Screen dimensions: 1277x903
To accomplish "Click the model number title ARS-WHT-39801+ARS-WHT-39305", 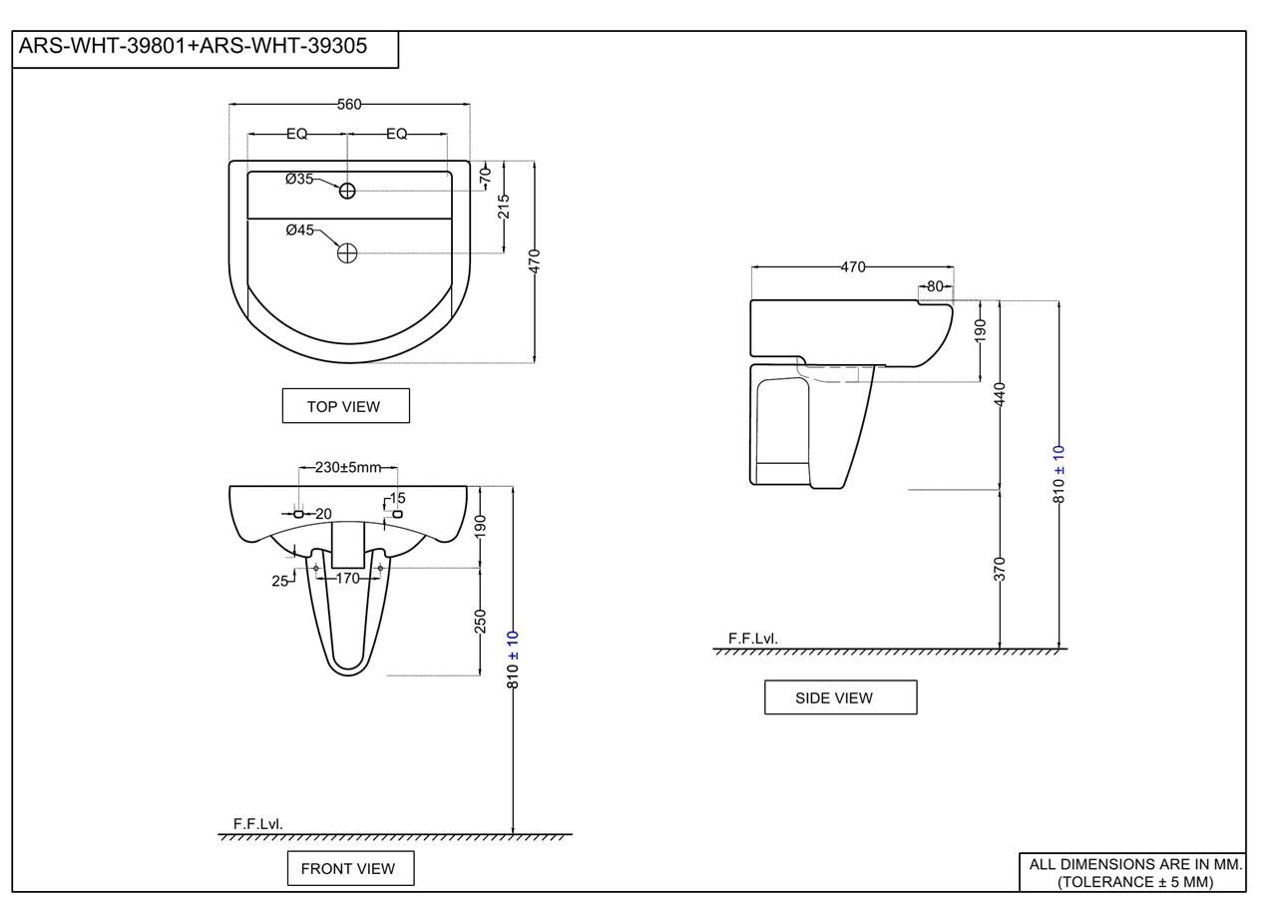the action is tap(193, 46).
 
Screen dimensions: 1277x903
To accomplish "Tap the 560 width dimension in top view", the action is tap(349, 105).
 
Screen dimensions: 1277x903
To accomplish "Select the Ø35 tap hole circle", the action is tap(347, 191).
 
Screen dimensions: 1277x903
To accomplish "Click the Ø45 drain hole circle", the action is tap(347, 252).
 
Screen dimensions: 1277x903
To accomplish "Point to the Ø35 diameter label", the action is tap(299, 179).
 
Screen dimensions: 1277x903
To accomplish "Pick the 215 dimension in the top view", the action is tap(504, 207).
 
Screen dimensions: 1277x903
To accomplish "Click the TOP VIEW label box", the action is tap(345, 406).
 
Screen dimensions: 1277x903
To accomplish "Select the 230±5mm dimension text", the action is tap(348, 467).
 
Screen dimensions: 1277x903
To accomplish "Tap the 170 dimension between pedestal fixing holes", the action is tap(348, 579).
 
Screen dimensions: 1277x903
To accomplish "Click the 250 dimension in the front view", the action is tap(481, 622).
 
